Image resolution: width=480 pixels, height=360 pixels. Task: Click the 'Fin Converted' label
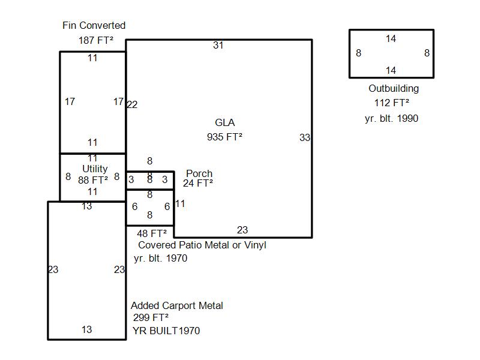coord(94,26)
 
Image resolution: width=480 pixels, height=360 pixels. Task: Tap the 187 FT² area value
coord(96,41)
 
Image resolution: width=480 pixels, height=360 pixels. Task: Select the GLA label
coord(224,123)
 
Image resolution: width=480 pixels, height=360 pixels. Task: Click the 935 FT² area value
coord(224,137)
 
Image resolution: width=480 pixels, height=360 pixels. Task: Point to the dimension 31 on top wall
coord(218,45)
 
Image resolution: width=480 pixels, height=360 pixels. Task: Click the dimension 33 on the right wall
coord(305,138)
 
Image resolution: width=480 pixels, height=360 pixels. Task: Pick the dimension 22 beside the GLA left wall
coord(132,105)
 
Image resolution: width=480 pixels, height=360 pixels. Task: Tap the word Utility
coord(95,169)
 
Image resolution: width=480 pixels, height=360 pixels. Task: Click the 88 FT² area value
coord(93,179)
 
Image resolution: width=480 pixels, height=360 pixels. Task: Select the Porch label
coord(199,174)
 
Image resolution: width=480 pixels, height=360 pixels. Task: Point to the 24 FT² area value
coord(198,184)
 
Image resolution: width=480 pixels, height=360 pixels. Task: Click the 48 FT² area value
coord(151,233)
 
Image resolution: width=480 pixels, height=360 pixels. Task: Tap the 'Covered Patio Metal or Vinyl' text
coord(202,245)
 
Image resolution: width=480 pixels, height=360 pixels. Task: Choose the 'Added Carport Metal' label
coord(177,306)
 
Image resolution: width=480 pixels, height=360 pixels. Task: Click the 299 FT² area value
coord(151,318)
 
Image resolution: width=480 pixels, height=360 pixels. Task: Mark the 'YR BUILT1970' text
coord(166,331)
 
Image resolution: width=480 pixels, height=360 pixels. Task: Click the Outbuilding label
coord(394,89)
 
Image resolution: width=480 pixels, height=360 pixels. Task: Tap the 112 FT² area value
coord(391,103)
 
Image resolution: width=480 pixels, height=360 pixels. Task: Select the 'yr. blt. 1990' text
coord(391,119)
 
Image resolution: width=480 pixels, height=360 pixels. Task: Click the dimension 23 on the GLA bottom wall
coord(242,230)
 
